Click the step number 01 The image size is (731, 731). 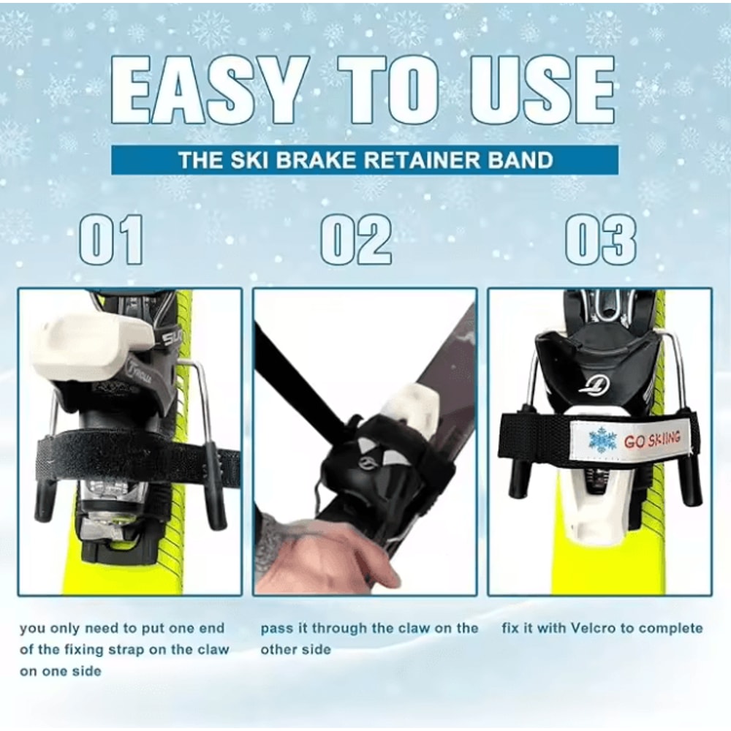click(111, 240)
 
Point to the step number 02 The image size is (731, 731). click(357, 240)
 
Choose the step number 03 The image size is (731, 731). click(601, 240)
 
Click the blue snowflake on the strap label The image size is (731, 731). click(602, 440)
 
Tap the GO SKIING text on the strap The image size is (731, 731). click(652, 439)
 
